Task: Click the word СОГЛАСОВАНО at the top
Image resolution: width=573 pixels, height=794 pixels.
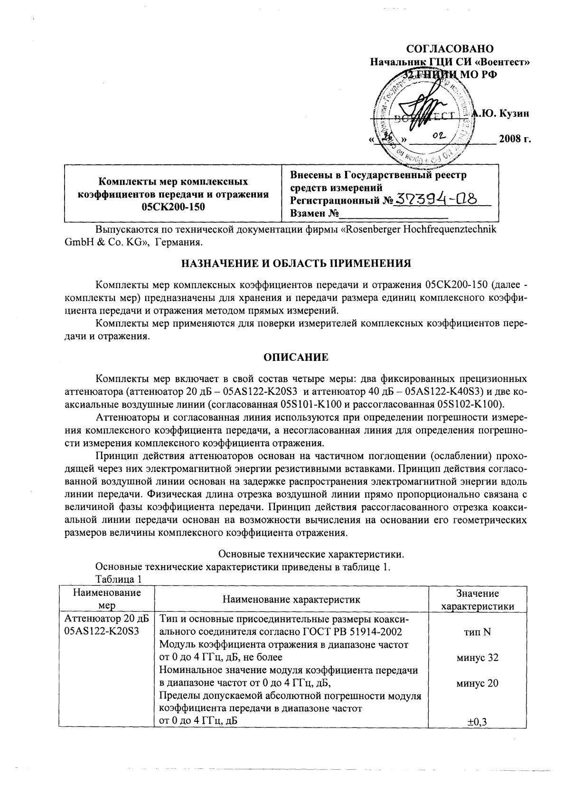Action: pyautogui.click(x=451, y=49)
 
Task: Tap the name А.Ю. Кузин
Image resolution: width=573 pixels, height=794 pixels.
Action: pyautogui.click(x=501, y=113)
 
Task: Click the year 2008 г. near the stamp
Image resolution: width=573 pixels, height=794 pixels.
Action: pyautogui.click(x=514, y=140)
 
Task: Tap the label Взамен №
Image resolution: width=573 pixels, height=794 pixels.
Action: pyautogui.click(x=314, y=213)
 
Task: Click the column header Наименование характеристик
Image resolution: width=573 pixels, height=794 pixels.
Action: pyautogui.click(x=291, y=599)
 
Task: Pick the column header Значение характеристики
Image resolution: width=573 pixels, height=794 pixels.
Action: pyautogui.click(x=477, y=600)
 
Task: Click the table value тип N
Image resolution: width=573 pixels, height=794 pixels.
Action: pyautogui.click(x=477, y=632)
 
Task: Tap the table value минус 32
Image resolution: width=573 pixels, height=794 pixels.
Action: pyautogui.click(x=477, y=658)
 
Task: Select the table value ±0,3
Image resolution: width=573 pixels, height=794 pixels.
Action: pyautogui.click(x=477, y=722)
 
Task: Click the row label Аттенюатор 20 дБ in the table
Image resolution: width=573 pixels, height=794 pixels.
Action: pyautogui.click(x=106, y=619)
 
